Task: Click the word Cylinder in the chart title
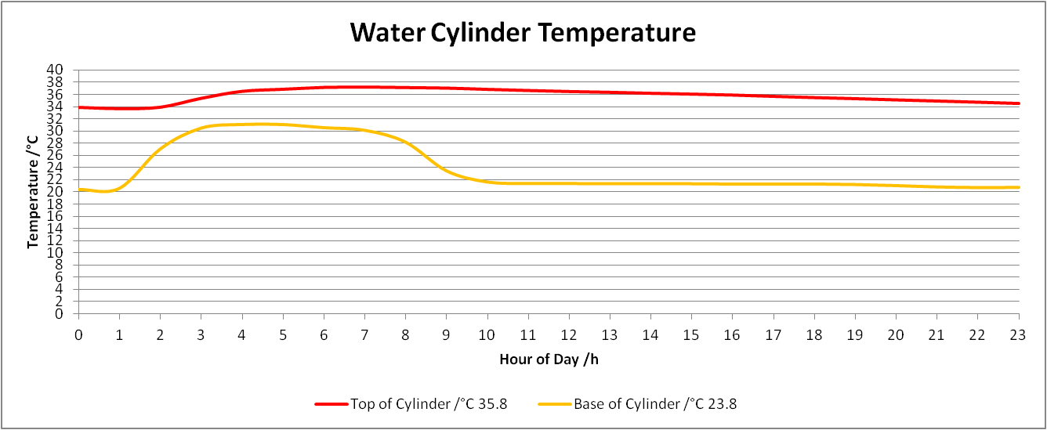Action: pyautogui.click(x=480, y=34)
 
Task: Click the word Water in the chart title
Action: pyautogui.click(x=387, y=33)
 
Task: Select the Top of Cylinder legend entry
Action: pyautogui.click(x=411, y=404)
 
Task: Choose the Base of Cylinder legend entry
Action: pyautogui.click(x=638, y=404)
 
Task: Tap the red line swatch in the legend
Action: pyautogui.click(x=331, y=404)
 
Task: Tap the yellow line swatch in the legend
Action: pyautogui.click(x=555, y=404)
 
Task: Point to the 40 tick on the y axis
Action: pyautogui.click(x=55, y=70)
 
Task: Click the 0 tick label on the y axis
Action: pyautogui.click(x=59, y=314)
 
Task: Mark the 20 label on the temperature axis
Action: pyautogui.click(x=55, y=192)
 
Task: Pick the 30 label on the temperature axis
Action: pyautogui.click(x=55, y=131)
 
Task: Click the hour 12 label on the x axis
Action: pyautogui.click(x=569, y=335)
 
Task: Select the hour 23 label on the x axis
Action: pyautogui.click(x=1018, y=335)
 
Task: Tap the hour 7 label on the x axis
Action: pyautogui.click(x=364, y=335)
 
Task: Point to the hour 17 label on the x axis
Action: pyautogui.click(x=773, y=335)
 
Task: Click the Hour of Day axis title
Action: pyautogui.click(x=549, y=359)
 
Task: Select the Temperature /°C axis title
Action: pyautogui.click(x=33, y=192)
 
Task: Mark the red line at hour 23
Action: pyautogui.click(x=1018, y=103)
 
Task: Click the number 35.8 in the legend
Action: pyautogui.click(x=493, y=404)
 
